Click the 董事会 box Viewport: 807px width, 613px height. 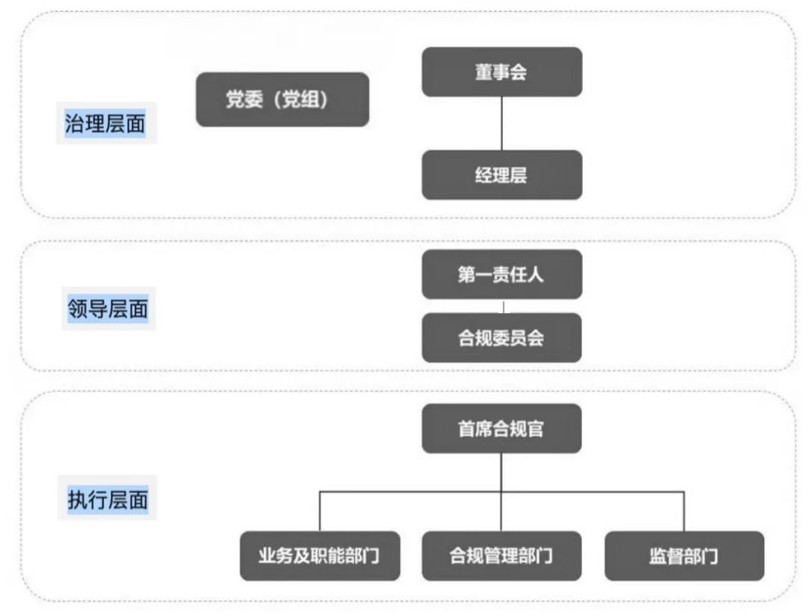point(502,72)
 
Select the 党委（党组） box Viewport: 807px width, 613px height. point(282,99)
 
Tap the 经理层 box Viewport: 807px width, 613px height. point(502,175)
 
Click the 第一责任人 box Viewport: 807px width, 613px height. point(502,274)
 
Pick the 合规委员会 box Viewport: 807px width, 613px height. point(502,338)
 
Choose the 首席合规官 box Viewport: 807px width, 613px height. point(502,428)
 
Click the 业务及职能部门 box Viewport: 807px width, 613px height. point(320,556)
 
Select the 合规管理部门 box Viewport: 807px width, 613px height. point(502,556)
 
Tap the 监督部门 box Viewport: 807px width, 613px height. point(684,556)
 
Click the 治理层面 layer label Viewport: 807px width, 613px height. point(105,123)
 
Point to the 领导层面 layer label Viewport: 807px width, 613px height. point(108,309)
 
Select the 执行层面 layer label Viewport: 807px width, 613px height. point(108,499)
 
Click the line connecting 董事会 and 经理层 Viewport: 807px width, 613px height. point(502,123)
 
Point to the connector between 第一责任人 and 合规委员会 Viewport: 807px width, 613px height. point(504,306)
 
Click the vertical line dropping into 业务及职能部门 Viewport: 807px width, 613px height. point(320,511)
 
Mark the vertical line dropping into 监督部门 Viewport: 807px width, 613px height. point(684,511)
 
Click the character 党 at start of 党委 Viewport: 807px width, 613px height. point(235,99)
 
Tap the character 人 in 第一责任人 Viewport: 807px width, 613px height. point(535,274)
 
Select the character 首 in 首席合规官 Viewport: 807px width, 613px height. point(467,429)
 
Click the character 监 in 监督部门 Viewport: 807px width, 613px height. point(658,556)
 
